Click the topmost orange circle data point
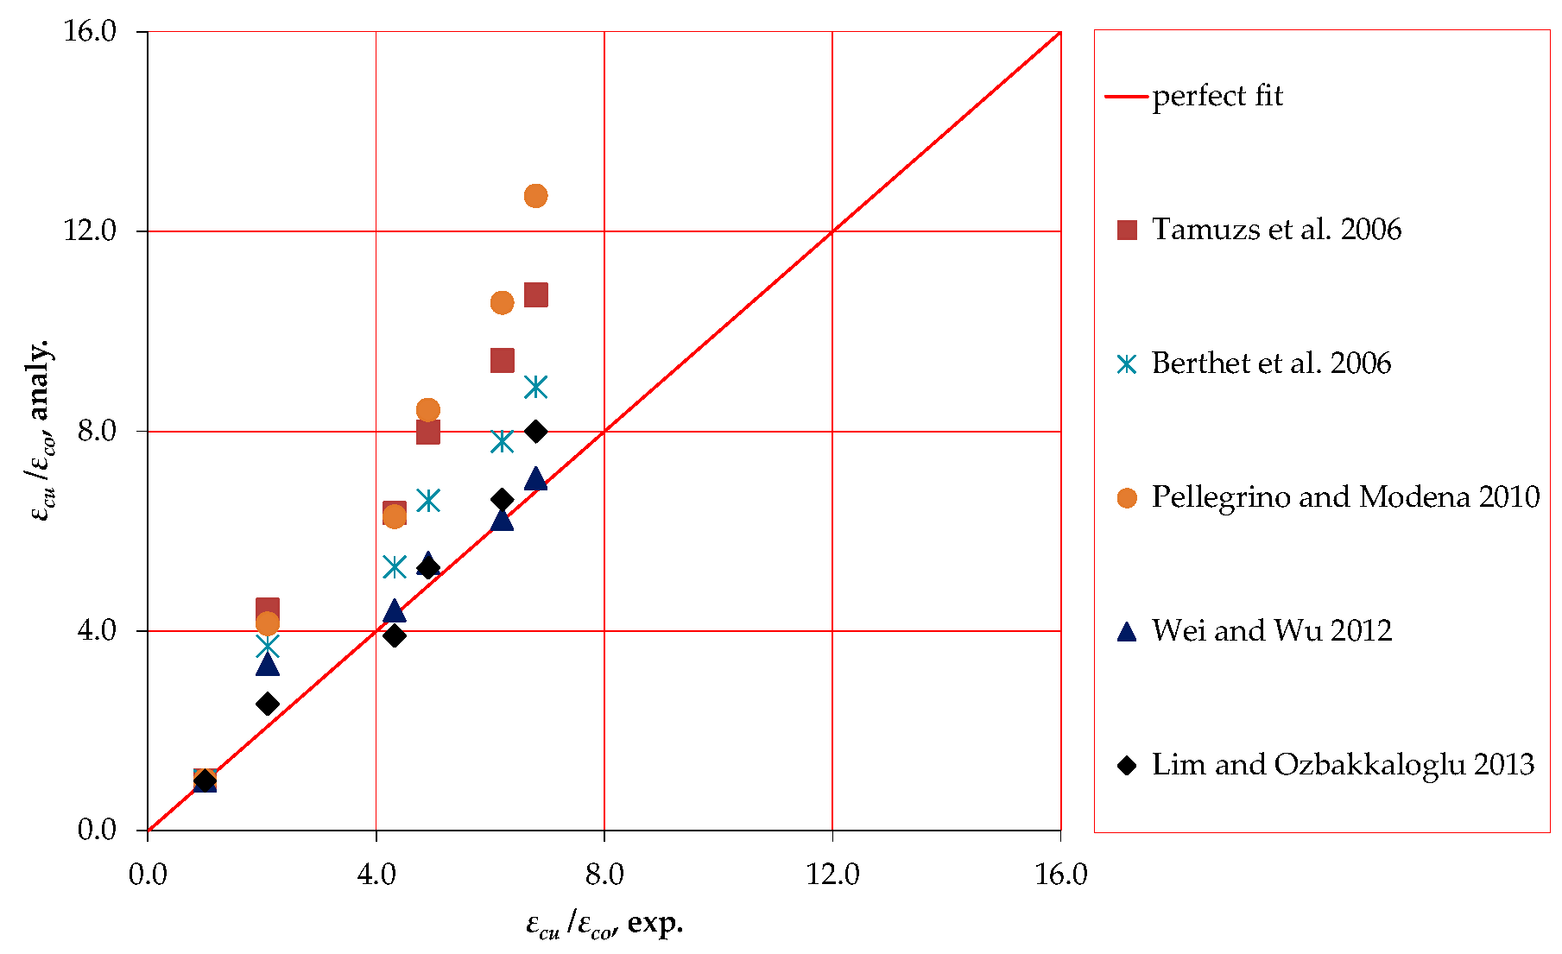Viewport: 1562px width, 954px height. tap(535, 196)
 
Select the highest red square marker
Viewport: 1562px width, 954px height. tap(536, 295)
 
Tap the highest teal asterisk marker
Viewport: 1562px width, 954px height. tap(536, 387)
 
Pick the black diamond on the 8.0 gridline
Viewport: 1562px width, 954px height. tap(536, 431)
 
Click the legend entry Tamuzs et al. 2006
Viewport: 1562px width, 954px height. tap(1276, 230)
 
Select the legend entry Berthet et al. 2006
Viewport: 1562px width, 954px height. tap(1271, 363)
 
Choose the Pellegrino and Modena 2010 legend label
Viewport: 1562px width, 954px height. tap(1345, 497)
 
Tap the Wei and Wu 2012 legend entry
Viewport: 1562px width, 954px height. tap(1271, 631)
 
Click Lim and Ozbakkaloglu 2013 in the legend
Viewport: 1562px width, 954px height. tap(1343, 765)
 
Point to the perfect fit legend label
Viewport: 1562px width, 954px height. tap(1217, 96)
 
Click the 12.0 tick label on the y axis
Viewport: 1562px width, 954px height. tap(90, 231)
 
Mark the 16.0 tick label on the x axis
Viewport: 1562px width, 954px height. tap(1060, 875)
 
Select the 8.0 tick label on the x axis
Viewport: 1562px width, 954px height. tap(604, 875)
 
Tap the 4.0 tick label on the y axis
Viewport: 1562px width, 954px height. tap(97, 630)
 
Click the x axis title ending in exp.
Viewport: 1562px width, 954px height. tap(604, 925)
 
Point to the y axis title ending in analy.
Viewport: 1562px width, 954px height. tap(41, 430)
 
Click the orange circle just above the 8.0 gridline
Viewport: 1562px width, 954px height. tap(427, 409)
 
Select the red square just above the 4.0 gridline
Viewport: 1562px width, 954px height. tap(268, 609)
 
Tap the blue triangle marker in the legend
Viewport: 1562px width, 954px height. tap(1127, 632)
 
